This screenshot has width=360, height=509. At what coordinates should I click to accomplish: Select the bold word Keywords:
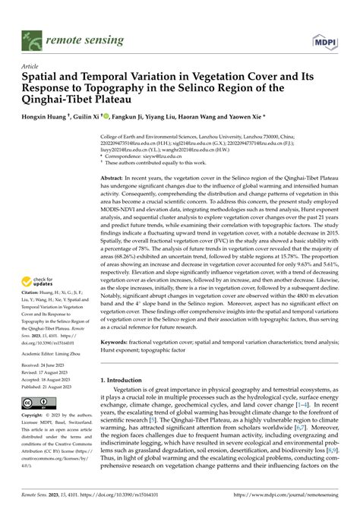tap(116, 343)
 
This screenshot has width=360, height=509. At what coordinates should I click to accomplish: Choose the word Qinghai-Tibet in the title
tap(62, 99)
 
